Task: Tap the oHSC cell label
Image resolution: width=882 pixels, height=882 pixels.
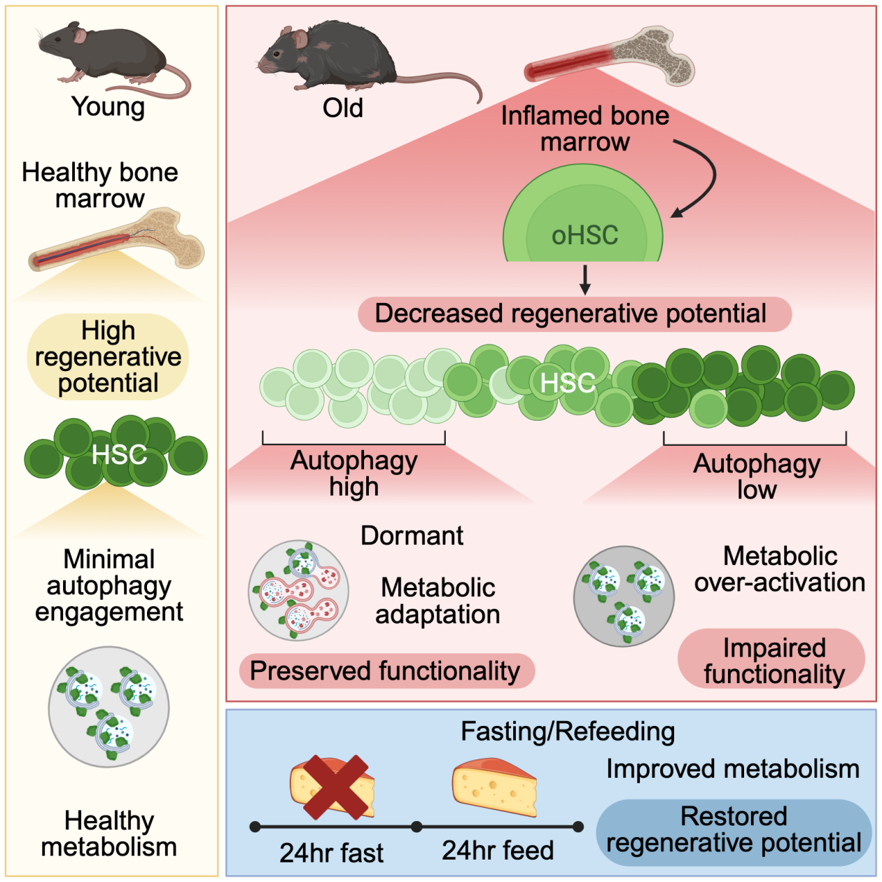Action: click(584, 235)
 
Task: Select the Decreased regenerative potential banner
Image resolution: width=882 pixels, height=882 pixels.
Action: click(574, 314)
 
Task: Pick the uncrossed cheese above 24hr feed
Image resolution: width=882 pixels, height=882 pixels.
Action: click(495, 787)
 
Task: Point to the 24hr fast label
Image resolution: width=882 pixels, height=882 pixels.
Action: click(331, 853)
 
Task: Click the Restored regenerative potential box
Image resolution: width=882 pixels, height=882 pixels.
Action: click(734, 829)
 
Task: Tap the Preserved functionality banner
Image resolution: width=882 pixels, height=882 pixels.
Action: click(386, 671)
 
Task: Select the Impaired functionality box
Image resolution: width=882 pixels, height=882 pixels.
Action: click(772, 660)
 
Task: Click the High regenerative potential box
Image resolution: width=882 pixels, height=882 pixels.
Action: click(108, 357)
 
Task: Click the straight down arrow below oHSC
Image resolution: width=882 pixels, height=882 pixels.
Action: click(585, 279)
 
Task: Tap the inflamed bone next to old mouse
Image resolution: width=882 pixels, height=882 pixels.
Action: click(609, 56)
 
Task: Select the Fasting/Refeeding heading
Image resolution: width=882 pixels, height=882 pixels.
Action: click(568, 731)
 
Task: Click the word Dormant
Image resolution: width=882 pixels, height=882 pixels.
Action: click(412, 535)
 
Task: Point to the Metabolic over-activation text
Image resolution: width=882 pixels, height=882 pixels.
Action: click(779, 569)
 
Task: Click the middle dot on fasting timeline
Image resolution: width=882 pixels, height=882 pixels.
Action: click(416, 827)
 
